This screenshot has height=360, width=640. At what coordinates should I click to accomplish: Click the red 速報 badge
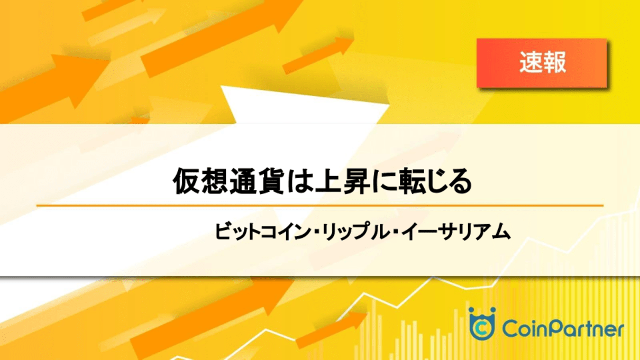[x=542, y=63]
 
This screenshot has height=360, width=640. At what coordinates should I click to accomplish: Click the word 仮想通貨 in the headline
[x=228, y=181]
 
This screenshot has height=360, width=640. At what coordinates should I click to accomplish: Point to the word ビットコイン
[x=262, y=232]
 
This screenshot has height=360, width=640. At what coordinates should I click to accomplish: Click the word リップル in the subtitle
[x=354, y=232]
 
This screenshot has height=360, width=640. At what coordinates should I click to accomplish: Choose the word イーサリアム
[x=455, y=232]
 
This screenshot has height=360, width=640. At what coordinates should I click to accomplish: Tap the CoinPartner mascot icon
[x=482, y=324]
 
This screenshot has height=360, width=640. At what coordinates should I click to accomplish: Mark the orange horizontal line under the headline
[x=320, y=205]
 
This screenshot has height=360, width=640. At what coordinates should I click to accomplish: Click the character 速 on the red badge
[x=531, y=62]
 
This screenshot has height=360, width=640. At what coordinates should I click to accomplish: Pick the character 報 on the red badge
[x=554, y=62]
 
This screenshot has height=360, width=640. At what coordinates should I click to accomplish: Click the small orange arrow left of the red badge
[x=318, y=55]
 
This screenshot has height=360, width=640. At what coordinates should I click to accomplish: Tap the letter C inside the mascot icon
[x=482, y=329]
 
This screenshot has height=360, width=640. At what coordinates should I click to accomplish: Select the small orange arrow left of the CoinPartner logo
[x=332, y=330]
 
